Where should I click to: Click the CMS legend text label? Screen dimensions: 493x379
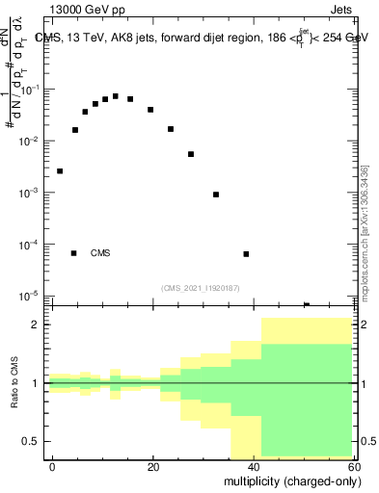pos(100,253)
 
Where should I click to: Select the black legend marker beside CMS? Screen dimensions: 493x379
pos(74,253)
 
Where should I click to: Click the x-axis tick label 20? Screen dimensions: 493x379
pos(153,467)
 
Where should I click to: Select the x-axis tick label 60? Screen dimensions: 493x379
pos(353,467)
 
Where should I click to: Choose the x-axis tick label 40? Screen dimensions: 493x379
pos(254,467)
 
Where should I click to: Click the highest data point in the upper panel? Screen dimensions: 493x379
pos(116,96)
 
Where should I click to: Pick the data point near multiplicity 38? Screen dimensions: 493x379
pos(246,254)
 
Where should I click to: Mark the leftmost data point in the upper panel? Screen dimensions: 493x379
pos(60,171)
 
